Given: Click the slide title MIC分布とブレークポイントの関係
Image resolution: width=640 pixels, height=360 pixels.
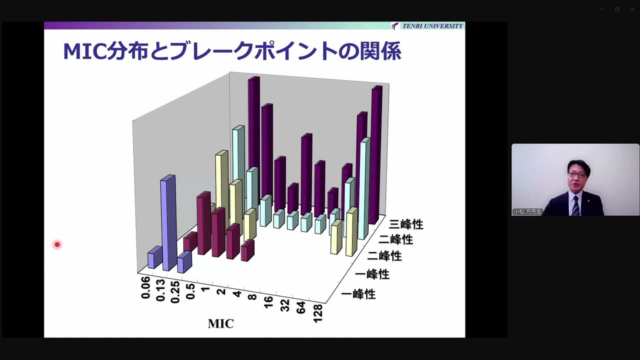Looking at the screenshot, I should [x=231, y=51].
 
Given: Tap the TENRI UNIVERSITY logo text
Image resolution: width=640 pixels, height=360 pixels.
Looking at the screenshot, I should [x=432, y=26].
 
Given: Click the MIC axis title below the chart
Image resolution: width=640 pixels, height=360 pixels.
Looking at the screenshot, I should [x=220, y=323].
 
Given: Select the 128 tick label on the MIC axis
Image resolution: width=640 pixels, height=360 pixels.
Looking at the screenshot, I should [x=317, y=313].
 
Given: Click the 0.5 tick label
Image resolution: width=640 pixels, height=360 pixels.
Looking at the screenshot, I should [x=190, y=290].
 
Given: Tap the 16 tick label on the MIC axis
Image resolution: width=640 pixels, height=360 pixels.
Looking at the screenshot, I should [x=268, y=301].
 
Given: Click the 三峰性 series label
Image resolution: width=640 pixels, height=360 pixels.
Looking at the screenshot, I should [x=406, y=224].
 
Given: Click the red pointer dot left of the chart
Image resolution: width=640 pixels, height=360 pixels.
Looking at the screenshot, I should [x=57, y=244].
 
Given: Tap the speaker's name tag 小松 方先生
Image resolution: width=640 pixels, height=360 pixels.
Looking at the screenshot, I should [x=527, y=211].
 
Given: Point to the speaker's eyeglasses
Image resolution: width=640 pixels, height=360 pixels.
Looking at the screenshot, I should [x=577, y=175].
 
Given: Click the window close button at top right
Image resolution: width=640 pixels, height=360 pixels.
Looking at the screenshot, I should [x=632, y=9].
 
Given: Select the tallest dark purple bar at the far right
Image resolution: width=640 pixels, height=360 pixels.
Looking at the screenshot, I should [x=375, y=155].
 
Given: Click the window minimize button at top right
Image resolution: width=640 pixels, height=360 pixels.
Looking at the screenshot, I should [x=601, y=9].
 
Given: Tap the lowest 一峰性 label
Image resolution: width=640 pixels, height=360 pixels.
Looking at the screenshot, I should [x=358, y=294].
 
